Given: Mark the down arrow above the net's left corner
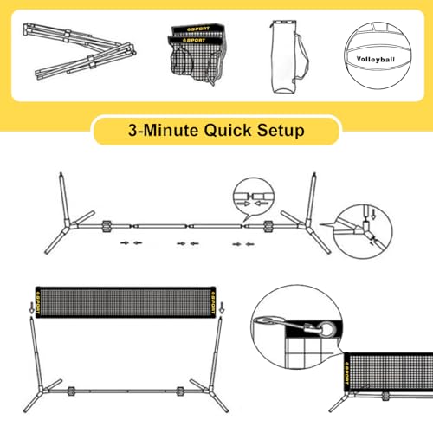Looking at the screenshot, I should (30, 305).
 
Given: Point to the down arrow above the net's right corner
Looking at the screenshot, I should (223, 305).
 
